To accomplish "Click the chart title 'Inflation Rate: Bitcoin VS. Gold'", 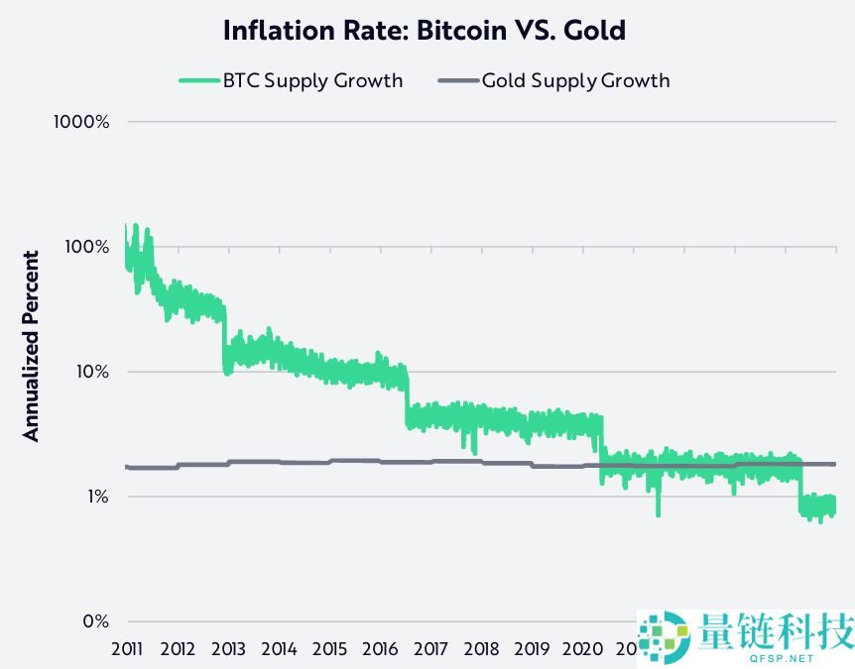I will coord(425,30).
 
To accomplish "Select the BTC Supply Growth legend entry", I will coord(291,80).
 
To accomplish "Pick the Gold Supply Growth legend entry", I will coord(554,80).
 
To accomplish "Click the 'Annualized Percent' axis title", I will coord(32,346).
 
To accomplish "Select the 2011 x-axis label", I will coord(127,649).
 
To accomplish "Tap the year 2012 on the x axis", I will coord(178,649).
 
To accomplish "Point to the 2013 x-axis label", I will coord(228,649).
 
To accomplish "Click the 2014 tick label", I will coord(279,649).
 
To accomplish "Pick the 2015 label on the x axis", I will coord(329,649).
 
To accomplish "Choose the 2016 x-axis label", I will coord(380,649).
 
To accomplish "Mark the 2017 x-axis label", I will coord(430,649).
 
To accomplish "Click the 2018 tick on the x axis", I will coord(481,649).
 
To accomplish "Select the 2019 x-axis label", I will coord(532,649).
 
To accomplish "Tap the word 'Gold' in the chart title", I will coord(594,30).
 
